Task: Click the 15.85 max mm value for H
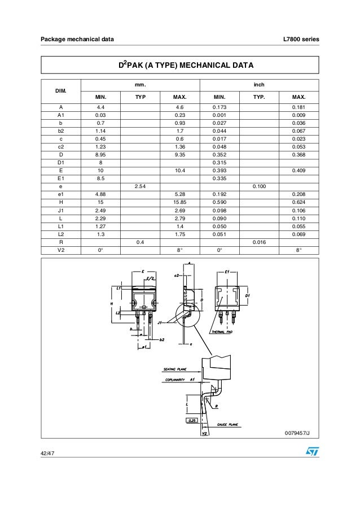181,201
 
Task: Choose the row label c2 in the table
60,146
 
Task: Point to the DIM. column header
60,90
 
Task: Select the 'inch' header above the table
260,84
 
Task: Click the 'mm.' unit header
140,84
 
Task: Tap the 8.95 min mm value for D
100,154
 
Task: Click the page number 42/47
47,454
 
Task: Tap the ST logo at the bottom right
311,452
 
